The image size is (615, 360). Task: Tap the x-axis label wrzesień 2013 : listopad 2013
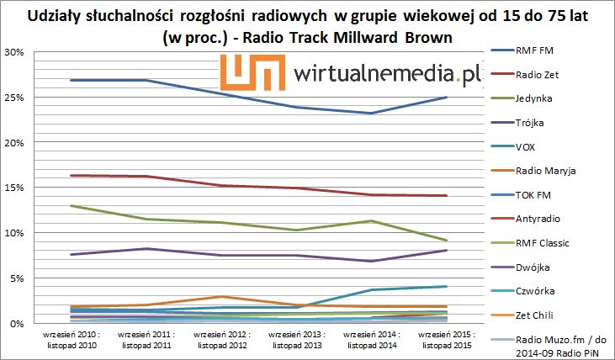pyautogui.click(x=294, y=339)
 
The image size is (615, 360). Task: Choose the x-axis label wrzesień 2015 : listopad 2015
pyautogui.click(x=444, y=339)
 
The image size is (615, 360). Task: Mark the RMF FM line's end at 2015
pyautogui.click(x=445, y=98)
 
